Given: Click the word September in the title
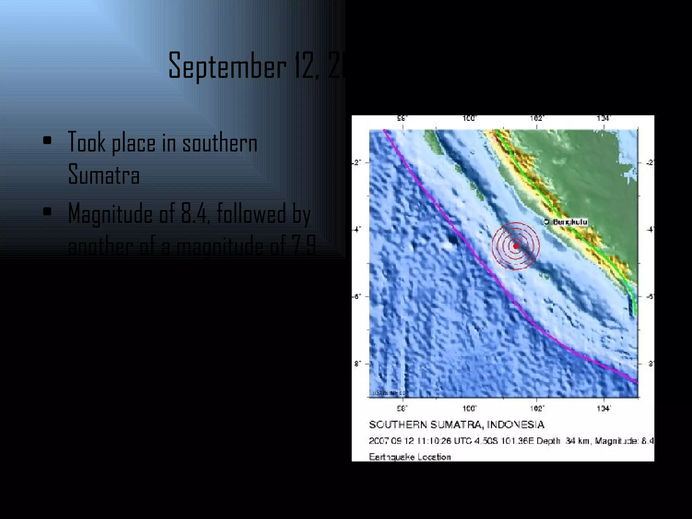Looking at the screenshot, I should point(227,66).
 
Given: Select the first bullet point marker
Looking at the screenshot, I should point(47,141).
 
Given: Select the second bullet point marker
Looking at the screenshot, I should point(47,212).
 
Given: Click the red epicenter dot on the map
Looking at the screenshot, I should point(516,246).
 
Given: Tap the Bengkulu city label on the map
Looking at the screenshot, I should point(570,222).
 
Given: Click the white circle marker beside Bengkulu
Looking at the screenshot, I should point(546,222).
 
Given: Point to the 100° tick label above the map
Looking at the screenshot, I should point(469,118).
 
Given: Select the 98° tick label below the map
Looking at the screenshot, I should point(402,409).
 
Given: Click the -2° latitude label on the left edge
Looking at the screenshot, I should point(356,163).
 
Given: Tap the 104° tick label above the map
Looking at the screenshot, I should point(603,118).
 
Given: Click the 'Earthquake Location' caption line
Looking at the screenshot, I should point(410,457).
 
